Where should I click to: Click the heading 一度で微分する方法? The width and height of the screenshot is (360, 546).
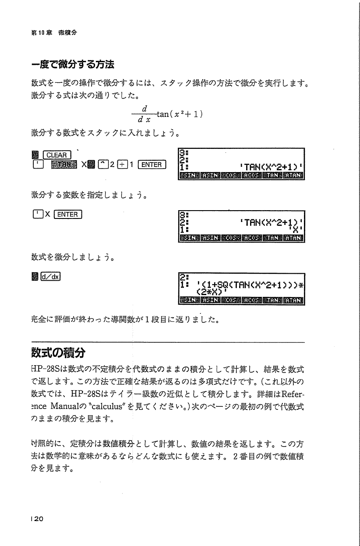[x=73, y=65]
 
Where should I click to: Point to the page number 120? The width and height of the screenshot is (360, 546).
[x=37, y=519]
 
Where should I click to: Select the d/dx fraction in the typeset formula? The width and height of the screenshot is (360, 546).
[x=143, y=113]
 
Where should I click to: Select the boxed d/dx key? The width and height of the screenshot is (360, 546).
[x=51, y=276]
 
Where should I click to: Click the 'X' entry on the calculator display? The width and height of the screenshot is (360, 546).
[x=296, y=229]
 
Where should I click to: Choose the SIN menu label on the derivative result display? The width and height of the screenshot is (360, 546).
[x=190, y=300]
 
